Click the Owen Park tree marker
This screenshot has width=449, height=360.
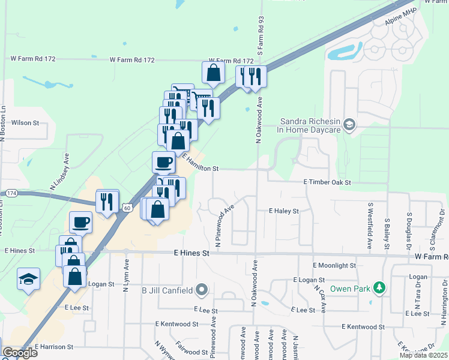click(x=379, y=289)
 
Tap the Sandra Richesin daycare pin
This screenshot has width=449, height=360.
click(x=350, y=125)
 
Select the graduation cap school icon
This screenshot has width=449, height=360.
click(x=28, y=278)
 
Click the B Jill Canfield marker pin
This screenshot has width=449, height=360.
click(x=202, y=291)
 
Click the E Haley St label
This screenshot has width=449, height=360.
click(x=283, y=211)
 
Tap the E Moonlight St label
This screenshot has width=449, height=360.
click(x=334, y=265)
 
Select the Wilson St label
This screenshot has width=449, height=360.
click(x=25, y=122)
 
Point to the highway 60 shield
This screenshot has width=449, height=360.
click(x=126, y=207)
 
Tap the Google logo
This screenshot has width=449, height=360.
click(x=19, y=353)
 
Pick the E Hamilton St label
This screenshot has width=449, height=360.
click(x=200, y=163)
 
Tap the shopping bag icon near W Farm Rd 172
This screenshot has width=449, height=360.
click(x=213, y=73)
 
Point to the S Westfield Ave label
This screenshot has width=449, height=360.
click(x=369, y=226)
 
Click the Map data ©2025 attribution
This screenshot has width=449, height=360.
click(x=423, y=355)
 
